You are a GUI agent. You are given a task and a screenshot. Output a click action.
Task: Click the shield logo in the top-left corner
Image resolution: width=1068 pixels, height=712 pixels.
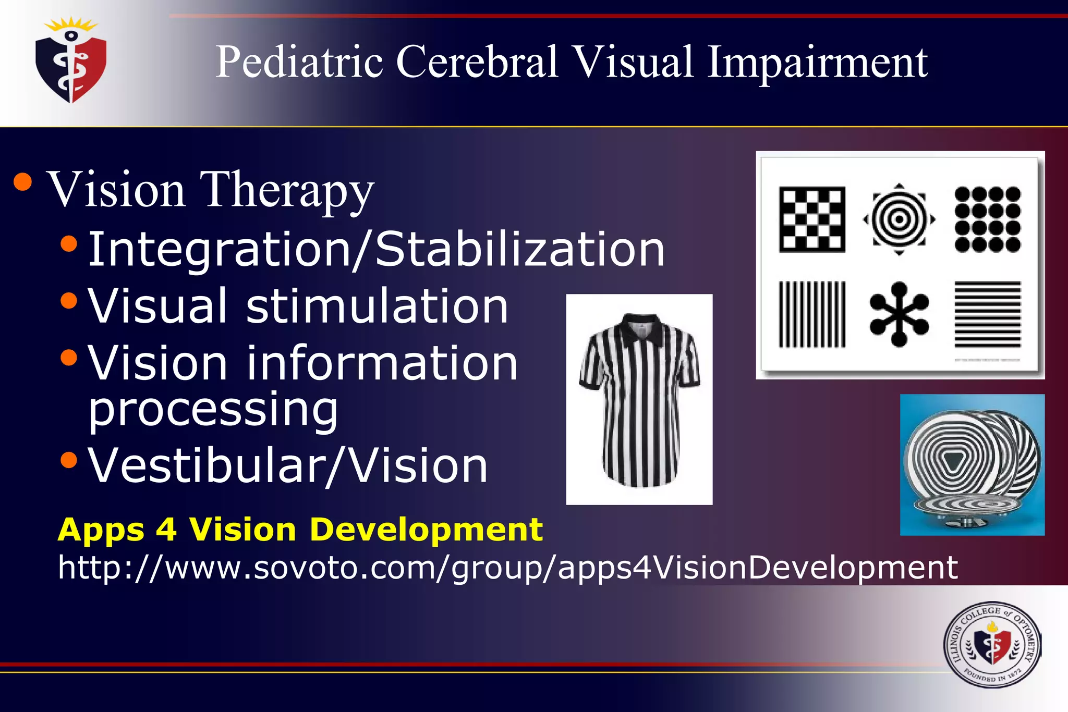coord(71,62)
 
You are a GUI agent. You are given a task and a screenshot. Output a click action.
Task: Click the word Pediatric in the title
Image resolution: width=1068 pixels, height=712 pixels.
coord(299,62)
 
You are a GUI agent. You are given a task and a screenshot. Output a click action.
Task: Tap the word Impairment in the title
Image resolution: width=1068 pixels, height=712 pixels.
coord(817,63)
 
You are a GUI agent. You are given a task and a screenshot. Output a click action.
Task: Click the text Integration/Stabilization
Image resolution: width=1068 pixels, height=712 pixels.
coord(376,249)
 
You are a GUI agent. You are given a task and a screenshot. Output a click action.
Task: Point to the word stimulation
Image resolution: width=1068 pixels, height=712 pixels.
coord(377,306)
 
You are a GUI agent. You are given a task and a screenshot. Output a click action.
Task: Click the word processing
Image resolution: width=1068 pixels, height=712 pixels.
coord(213,409)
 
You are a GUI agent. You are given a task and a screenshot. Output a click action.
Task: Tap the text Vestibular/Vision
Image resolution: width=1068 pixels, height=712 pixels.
coord(287,465)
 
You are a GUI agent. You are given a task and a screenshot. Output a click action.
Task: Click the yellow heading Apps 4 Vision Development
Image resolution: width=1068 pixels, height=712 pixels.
coord(300,530)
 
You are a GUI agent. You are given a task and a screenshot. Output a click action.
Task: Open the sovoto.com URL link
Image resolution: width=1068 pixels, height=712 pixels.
coord(507,567)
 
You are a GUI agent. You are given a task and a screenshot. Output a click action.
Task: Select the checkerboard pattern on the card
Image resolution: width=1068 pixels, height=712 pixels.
coord(812,219)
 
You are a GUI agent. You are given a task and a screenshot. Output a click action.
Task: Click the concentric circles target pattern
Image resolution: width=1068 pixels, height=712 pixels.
coord(899,219)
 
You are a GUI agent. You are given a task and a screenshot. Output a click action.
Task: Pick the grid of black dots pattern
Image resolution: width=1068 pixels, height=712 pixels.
coord(987,219)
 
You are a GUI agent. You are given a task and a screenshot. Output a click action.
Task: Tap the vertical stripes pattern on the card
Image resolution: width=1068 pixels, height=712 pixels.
coord(812,314)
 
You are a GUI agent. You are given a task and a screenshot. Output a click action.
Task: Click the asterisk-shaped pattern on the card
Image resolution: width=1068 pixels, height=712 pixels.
coord(899,314)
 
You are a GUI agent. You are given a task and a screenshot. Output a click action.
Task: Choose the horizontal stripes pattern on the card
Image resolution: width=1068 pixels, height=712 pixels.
coord(987,314)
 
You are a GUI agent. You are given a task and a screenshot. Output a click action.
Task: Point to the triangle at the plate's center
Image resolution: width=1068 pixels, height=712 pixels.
coord(954,460)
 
